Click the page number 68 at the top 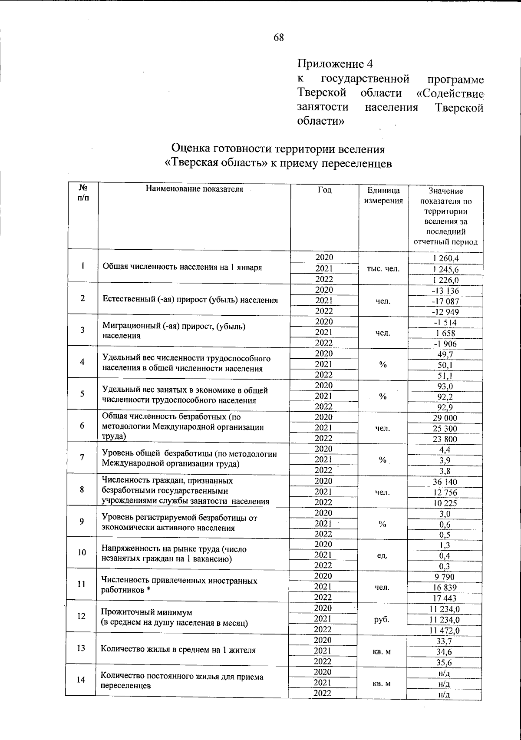tap(278, 38)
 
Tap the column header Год tap(324, 190)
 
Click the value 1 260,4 tap(445, 258)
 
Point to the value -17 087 tap(445, 301)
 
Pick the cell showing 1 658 tap(445, 333)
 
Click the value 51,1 tap(445, 375)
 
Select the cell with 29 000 tap(445, 418)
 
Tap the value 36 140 tap(445, 482)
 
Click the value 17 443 tap(445, 598)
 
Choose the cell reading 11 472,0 tap(445, 630)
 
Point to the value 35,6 tap(445, 662)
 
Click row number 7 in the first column tap(82, 457)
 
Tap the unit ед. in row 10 tap(382, 555)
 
